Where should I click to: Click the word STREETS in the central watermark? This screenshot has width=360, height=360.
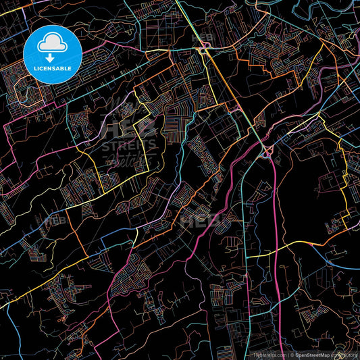click(128, 145)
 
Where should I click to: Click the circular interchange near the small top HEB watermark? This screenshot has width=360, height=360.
click(203, 49)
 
